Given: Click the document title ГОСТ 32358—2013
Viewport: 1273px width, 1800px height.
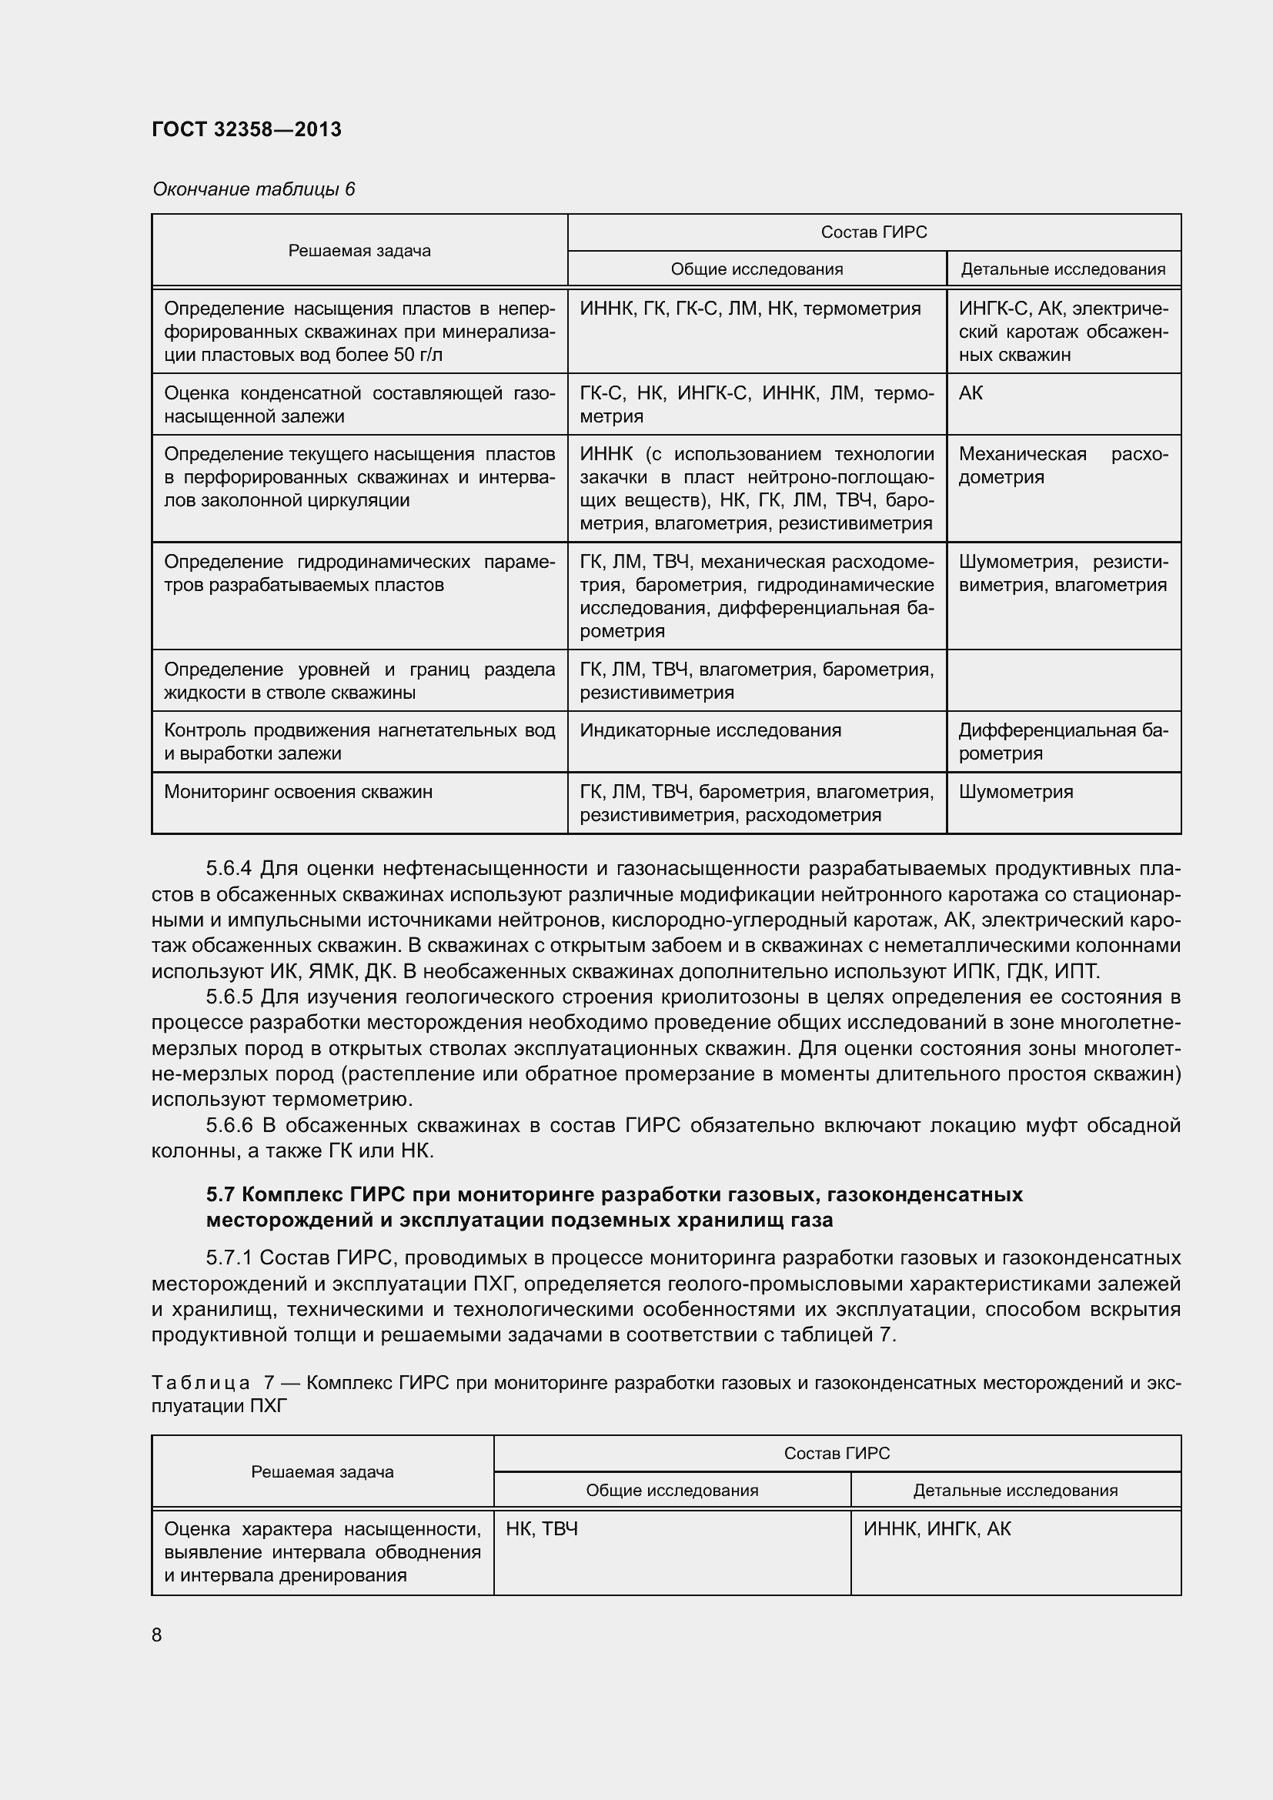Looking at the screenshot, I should pos(246,129).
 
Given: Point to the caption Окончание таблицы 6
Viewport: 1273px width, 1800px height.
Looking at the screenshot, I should pos(253,189).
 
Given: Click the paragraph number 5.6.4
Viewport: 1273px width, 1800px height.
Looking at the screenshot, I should pos(228,869).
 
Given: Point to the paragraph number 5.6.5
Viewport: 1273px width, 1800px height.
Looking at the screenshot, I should pos(228,997).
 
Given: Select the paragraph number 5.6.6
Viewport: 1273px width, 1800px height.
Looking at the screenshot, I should pos(228,1126).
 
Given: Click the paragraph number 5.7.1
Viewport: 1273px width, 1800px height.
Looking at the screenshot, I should pos(228,1258).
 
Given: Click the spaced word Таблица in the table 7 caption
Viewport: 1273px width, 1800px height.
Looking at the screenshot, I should pos(201,1382).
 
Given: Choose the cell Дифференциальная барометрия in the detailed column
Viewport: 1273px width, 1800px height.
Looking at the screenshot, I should pos(1062,742).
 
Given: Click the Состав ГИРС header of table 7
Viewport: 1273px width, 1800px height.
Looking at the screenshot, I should pos(837,1454).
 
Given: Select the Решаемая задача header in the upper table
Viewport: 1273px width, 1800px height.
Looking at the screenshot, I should pos(359,251).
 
